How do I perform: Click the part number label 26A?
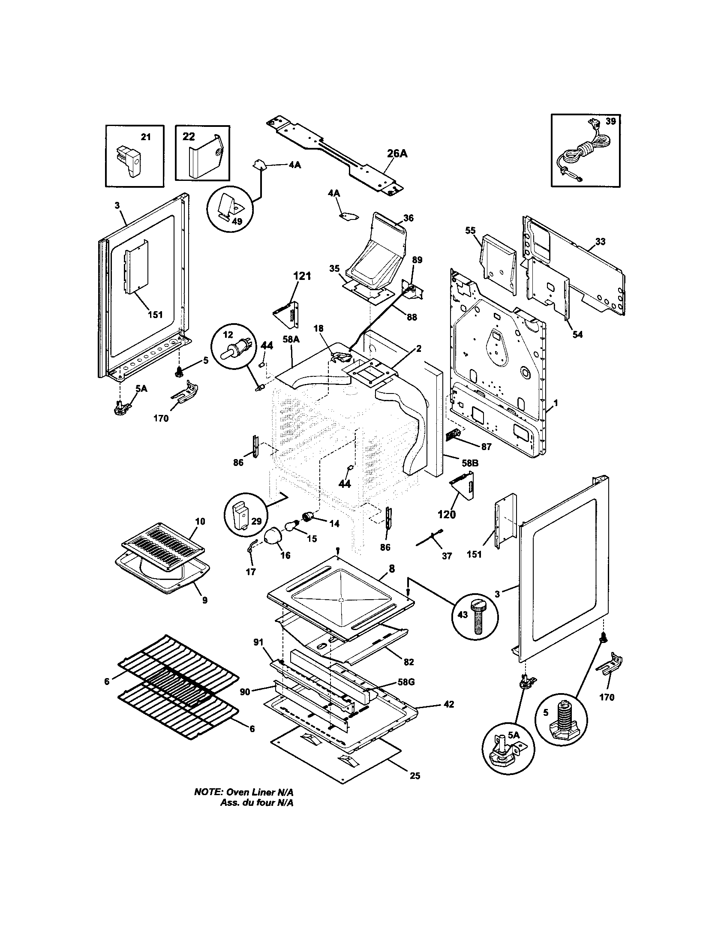click(397, 154)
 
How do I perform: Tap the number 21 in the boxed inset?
click(146, 137)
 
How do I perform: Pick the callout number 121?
click(302, 276)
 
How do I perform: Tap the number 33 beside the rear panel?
click(600, 242)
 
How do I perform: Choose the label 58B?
click(470, 463)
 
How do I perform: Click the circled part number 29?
click(256, 522)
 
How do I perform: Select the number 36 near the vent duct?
click(409, 218)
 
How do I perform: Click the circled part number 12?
click(228, 335)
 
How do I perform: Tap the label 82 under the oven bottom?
click(409, 662)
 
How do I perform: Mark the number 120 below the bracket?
click(447, 515)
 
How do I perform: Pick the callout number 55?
click(470, 231)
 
